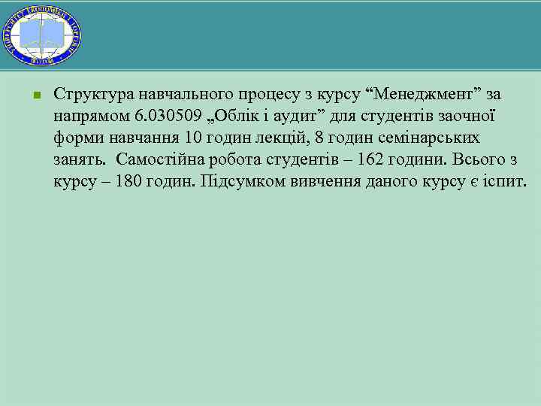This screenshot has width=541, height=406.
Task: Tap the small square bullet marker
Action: pyautogui.click(x=35, y=95)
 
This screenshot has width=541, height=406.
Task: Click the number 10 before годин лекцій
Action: pyautogui.click(x=193, y=138)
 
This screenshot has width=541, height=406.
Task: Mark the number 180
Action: pyautogui.click(x=122, y=182)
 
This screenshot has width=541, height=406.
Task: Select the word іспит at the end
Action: pyautogui.click(x=506, y=182)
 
